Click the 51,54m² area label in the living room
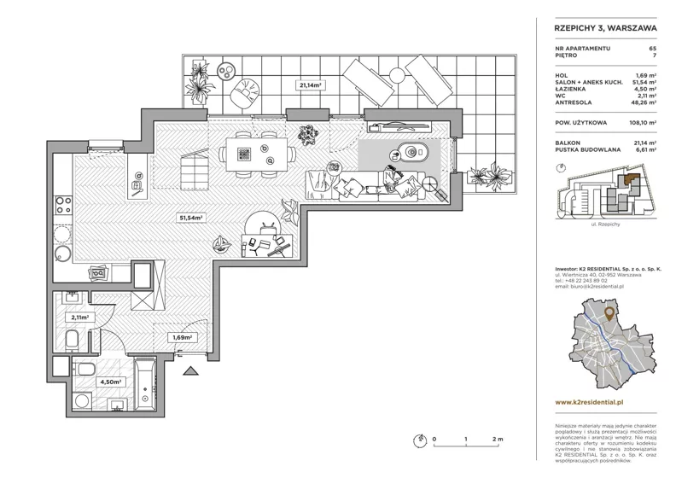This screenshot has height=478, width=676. pyautogui.click(x=191, y=219)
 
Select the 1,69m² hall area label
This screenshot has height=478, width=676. pyautogui.click(x=182, y=337)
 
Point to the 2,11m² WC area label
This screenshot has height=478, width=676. pyautogui.click(x=79, y=318)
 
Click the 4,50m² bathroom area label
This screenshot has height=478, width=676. pyautogui.click(x=110, y=382)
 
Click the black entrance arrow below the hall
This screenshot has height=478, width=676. pyautogui.click(x=190, y=370)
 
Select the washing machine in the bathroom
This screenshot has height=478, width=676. pyautogui.click(x=82, y=400)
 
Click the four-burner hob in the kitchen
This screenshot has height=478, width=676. pyautogui.click(x=64, y=205)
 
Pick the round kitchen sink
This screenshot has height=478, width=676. pyautogui.click(x=63, y=253)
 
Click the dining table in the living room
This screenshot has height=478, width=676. pyautogui.click(x=257, y=154)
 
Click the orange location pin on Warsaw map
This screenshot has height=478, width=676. pyautogui.click(x=609, y=314)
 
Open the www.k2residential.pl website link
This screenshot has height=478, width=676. pyautogui.click(x=589, y=403)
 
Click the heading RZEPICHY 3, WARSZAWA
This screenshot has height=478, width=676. pyautogui.click(x=605, y=28)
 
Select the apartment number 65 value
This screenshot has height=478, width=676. pyautogui.click(x=653, y=49)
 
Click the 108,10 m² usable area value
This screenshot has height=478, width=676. pyautogui.click(x=643, y=123)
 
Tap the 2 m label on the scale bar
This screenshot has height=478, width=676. pyautogui.click(x=498, y=440)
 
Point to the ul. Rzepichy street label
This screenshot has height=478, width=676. pyautogui.click(x=606, y=224)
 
